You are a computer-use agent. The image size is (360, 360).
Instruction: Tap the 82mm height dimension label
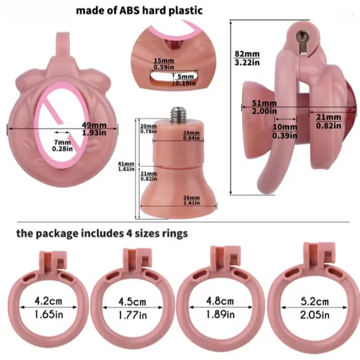(x=247, y=54)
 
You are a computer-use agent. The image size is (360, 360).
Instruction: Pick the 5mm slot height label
(x=185, y=77)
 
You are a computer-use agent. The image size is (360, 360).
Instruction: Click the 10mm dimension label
(x=285, y=127)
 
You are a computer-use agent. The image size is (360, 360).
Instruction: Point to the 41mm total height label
(x=124, y=164)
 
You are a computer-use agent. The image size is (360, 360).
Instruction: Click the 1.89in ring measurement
(x=220, y=314)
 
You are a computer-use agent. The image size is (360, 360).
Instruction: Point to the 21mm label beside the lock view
(x=328, y=117)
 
